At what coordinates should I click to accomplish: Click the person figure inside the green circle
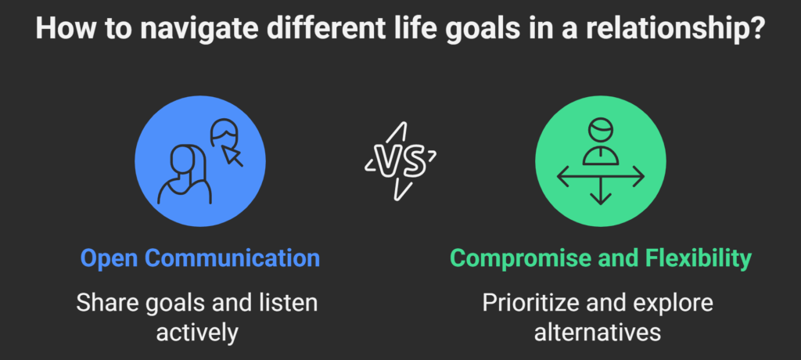click(600, 142)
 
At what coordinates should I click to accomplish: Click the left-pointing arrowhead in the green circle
click(562, 176)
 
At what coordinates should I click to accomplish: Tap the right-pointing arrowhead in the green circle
click(638, 176)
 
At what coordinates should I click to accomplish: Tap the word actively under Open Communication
click(197, 333)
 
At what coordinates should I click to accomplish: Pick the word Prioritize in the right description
click(530, 303)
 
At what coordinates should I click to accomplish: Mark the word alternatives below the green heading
click(598, 333)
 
